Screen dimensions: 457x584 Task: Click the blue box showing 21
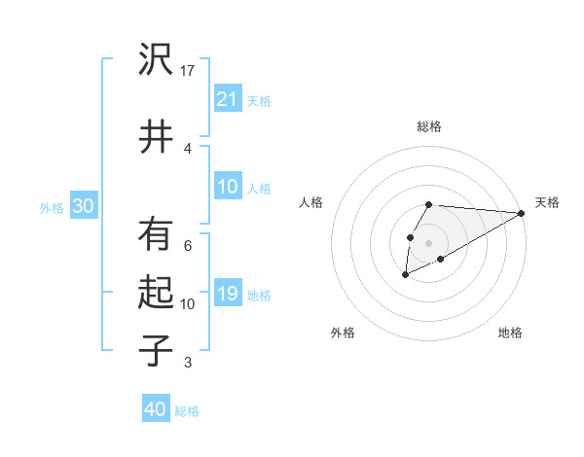click(x=228, y=98)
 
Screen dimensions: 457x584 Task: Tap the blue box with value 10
click(x=228, y=187)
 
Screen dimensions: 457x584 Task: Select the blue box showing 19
click(x=228, y=294)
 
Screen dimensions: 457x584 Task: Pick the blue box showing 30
click(x=84, y=206)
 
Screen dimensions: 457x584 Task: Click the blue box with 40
click(x=156, y=409)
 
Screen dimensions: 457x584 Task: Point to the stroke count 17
click(x=189, y=70)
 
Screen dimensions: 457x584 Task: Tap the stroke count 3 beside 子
click(x=188, y=363)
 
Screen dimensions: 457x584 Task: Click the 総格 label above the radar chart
click(x=429, y=126)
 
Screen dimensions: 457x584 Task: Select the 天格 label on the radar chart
click(x=547, y=202)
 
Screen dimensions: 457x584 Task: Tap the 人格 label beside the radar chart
click(x=311, y=202)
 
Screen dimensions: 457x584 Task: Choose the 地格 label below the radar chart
click(x=510, y=333)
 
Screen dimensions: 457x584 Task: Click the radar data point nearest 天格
click(x=521, y=214)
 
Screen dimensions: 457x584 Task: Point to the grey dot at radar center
click(x=428, y=241)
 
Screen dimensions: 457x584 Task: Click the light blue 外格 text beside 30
click(x=52, y=207)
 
